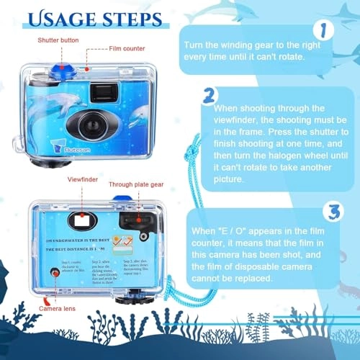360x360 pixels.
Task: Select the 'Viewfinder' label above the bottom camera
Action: coord(82,176)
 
